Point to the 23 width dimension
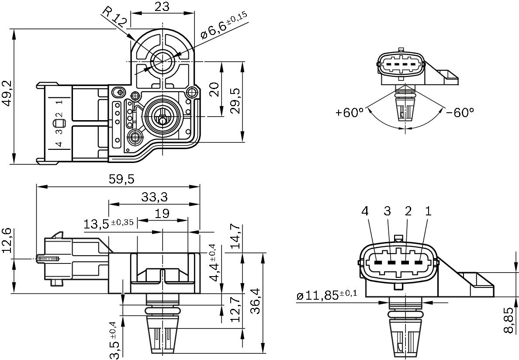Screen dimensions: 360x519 click(x=162, y=6)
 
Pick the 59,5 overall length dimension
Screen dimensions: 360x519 click(x=119, y=179)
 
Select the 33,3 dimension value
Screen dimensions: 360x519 click(x=154, y=197)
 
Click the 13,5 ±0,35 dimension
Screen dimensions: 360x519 click(x=109, y=224)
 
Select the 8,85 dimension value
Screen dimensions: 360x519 click(x=509, y=320)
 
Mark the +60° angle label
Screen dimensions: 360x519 click(x=349, y=112)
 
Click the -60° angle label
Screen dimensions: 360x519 click(x=460, y=112)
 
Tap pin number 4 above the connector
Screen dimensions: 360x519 click(x=365, y=211)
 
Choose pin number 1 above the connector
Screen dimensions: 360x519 click(x=428, y=211)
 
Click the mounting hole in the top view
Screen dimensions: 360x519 click(x=163, y=61)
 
